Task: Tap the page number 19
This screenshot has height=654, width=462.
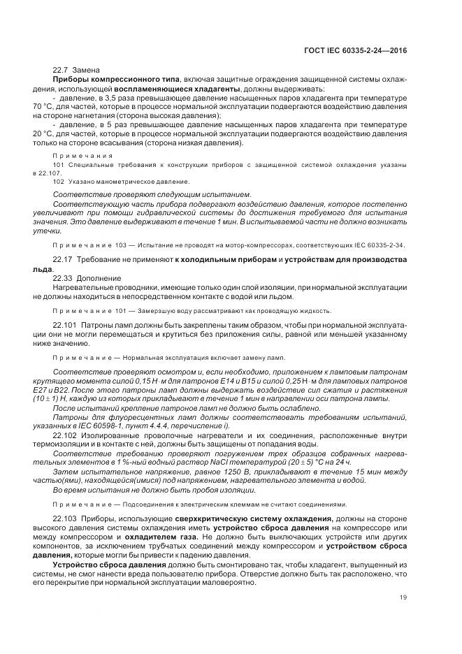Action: [x=403, y=597]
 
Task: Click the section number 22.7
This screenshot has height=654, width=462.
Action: [x=61, y=71]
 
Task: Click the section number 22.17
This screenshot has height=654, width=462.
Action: [x=63, y=260]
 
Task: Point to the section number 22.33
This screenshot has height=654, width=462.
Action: [x=63, y=278]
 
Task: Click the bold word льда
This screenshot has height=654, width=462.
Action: [x=42, y=269]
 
